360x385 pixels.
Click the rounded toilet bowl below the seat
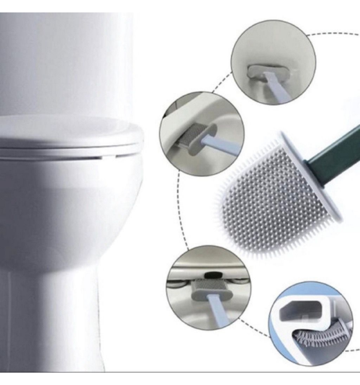point(62,211)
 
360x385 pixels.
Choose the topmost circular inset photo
point(273,61)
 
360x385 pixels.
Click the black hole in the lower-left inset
point(213,273)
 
